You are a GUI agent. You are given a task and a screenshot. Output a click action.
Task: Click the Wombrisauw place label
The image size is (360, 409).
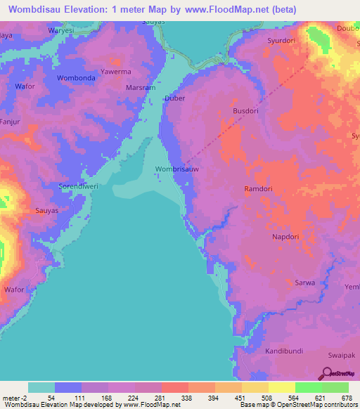[176, 169]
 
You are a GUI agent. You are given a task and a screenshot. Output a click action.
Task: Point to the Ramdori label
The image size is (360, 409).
[257, 189]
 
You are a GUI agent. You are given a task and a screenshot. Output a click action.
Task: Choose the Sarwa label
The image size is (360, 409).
[304, 282]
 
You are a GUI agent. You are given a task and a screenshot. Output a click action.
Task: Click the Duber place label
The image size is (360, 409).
[174, 98]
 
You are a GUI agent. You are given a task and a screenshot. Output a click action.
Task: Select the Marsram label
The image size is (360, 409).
[141, 89]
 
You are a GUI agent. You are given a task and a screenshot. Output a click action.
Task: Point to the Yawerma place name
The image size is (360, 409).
[115, 72]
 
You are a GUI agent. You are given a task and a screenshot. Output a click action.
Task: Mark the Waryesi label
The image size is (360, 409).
[60, 32]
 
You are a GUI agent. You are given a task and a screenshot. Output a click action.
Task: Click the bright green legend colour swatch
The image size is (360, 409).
[308, 387]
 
